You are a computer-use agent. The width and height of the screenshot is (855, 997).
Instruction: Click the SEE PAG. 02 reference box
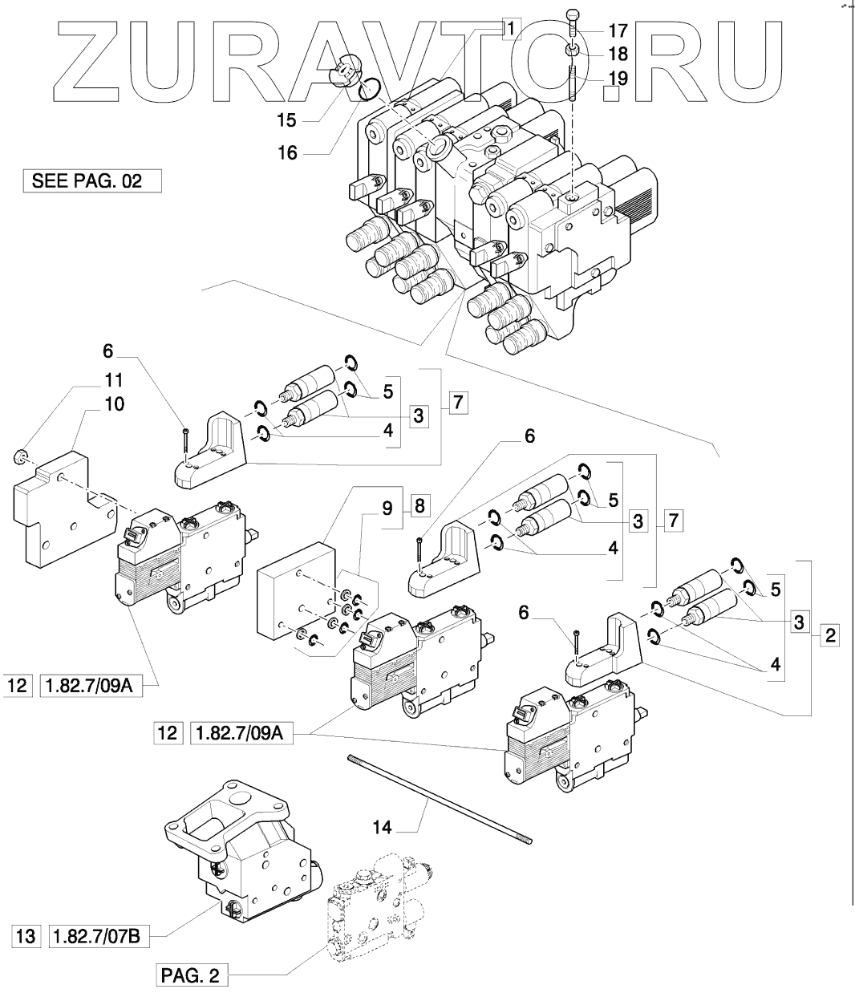coord(91,180)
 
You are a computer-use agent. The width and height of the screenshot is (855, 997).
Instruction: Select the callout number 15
coord(286,120)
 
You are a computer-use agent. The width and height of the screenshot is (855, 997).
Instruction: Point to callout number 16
coord(286,152)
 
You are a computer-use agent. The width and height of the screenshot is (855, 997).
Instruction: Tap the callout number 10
coord(114,404)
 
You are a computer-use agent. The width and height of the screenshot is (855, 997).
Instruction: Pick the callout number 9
coord(387,507)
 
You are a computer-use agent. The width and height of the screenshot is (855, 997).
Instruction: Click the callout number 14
coord(383,827)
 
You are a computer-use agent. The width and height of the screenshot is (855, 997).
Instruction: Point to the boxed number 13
coord(26,935)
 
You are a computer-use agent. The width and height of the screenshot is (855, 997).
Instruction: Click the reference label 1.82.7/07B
coord(99,935)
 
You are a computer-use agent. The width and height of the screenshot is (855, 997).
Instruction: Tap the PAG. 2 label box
coord(189,976)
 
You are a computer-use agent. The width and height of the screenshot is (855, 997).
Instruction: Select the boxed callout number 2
coord(829,637)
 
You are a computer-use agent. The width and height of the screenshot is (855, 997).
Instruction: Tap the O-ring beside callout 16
coord(370,87)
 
